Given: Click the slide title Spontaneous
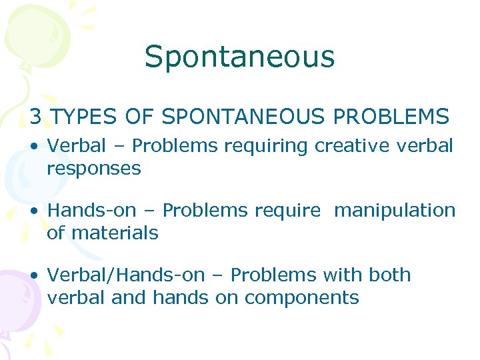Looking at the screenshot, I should (239, 57).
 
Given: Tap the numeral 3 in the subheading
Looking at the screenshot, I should (36, 117).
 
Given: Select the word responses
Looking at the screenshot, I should (94, 169).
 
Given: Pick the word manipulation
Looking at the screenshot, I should (395, 211).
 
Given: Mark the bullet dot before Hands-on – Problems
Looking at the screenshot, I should (34, 211).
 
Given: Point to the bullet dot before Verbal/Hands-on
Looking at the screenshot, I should (34, 275).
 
